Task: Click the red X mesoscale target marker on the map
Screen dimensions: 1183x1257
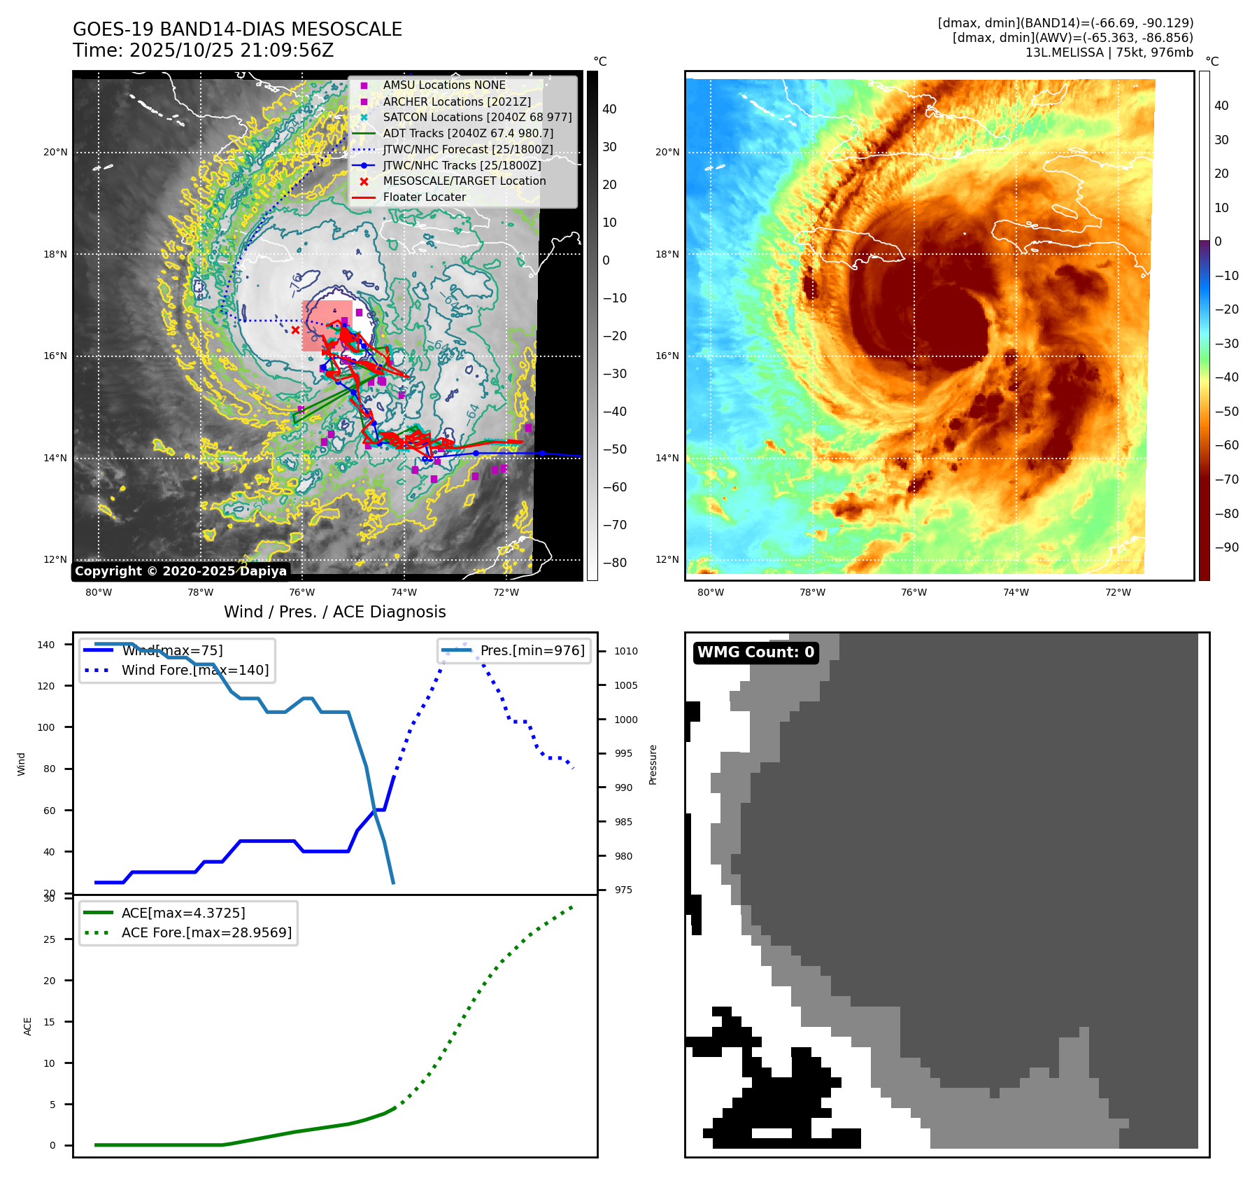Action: click(x=295, y=330)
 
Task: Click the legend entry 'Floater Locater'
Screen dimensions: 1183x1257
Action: click(x=424, y=197)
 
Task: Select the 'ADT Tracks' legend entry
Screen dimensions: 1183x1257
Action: click(x=468, y=133)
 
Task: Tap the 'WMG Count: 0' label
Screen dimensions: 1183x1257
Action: click(x=755, y=652)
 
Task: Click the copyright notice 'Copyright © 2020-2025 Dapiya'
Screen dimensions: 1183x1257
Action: click(x=180, y=571)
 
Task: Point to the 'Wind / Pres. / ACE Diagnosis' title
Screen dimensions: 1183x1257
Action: click(x=334, y=612)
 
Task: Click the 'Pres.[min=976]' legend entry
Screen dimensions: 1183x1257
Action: click(x=532, y=650)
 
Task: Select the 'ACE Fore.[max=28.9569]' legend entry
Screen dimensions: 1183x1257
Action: click(x=206, y=932)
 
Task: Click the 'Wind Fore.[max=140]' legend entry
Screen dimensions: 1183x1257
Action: click(x=194, y=670)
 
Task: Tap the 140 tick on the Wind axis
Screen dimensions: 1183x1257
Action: click(x=46, y=645)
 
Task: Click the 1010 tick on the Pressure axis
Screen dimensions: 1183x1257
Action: click(x=626, y=651)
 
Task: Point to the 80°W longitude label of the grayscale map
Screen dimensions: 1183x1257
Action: click(x=99, y=593)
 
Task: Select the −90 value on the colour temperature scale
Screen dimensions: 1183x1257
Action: click(x=1227, y=547)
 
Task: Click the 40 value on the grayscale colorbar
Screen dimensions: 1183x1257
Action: click(x=609, y=109)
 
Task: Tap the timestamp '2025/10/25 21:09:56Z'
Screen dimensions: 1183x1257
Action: click(x=232, y=51)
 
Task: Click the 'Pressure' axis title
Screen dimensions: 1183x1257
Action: click(x=653, y=764)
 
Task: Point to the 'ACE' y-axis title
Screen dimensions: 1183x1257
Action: click(x=28, y=1026)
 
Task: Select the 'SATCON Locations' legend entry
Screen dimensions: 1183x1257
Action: click(x=477, y=117)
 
